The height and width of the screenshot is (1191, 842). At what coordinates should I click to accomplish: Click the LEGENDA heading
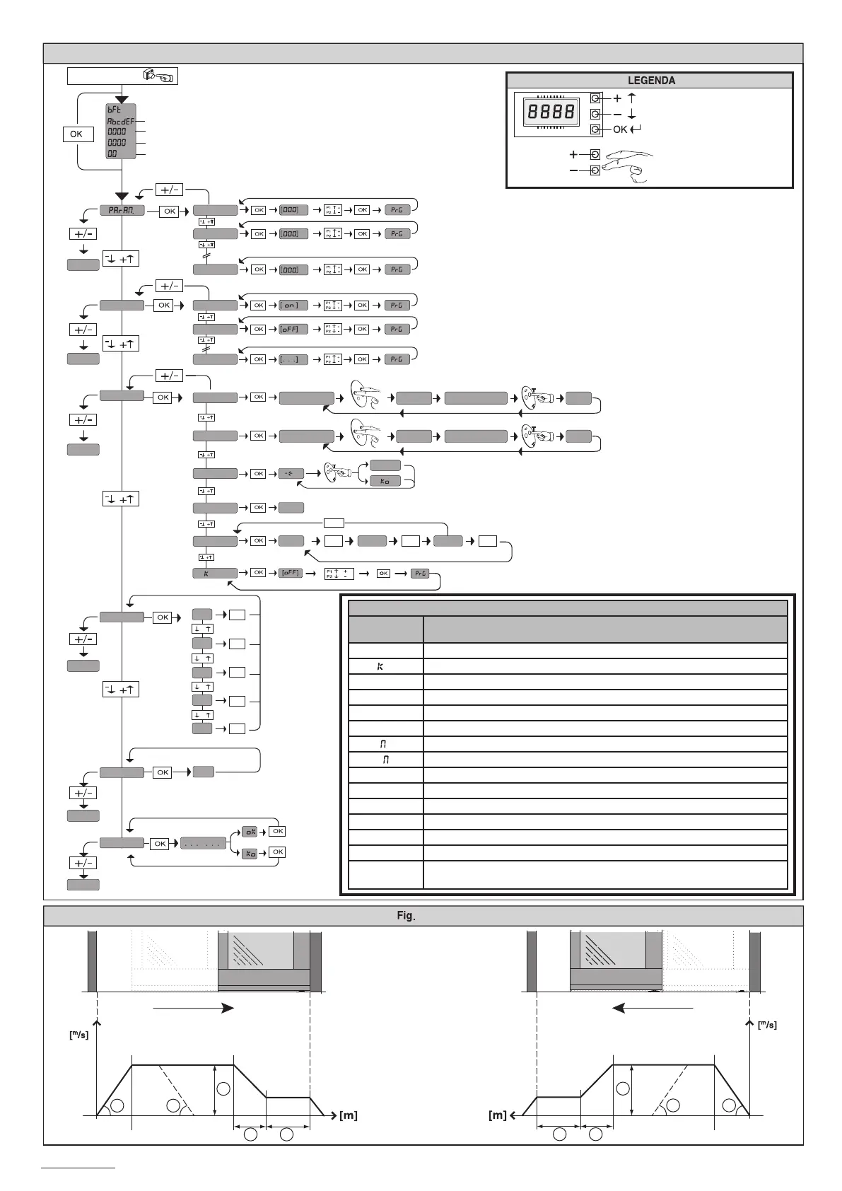point(650,81)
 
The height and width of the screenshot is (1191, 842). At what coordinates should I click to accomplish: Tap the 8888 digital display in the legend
point(549,112)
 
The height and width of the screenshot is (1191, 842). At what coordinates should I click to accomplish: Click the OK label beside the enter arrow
point(620,129)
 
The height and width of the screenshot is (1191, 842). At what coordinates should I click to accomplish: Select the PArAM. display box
point(122,210)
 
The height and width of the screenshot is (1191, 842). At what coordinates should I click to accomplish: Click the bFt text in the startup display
point(115,110)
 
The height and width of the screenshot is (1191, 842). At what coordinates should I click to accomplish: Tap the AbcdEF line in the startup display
point(120,121)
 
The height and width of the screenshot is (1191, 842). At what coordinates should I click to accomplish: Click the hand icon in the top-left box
point(158,76)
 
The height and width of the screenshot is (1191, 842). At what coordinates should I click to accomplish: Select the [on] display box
point(293,306)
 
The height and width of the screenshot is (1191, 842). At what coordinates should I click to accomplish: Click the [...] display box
point(293,359)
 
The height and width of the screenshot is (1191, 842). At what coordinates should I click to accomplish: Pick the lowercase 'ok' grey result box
point(250,832)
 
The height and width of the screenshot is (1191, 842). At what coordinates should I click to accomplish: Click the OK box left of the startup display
point(76,134)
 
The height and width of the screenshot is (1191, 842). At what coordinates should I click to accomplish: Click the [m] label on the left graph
point(349,1115)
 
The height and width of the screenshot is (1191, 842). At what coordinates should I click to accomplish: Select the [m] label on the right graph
point(498,1115)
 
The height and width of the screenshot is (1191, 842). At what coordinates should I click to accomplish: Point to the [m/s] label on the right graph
point(766,1025)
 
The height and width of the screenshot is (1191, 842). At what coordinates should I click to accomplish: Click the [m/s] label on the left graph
point(78,1035)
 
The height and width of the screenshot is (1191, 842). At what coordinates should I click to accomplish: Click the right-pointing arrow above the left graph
point(193,1008)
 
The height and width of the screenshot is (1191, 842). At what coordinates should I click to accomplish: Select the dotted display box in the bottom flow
point(204,844)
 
